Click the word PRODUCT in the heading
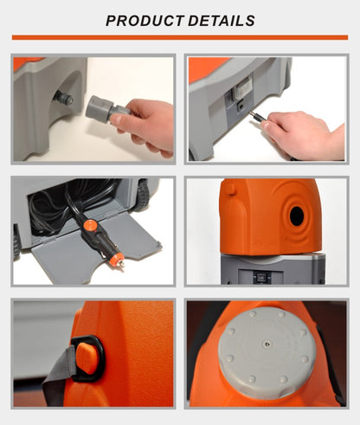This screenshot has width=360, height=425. pos(145,21)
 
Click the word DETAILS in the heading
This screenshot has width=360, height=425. pos(222,21)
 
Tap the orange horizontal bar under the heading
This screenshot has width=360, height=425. pos(180,37)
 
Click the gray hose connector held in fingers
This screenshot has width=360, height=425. pos(106,110)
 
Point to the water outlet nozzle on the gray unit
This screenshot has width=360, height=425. pos(62,98)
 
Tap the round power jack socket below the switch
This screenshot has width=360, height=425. pos(240,106)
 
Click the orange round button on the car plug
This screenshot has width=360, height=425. pos(91,225)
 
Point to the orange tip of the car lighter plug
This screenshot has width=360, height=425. pos(118,261)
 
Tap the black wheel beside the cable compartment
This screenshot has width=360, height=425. pos(143,195)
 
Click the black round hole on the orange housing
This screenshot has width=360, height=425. pos(297,216)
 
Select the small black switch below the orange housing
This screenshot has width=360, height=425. pos(261,277)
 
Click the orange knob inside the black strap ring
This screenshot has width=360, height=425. pos(87,358)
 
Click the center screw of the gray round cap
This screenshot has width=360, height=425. pos(267,344)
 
